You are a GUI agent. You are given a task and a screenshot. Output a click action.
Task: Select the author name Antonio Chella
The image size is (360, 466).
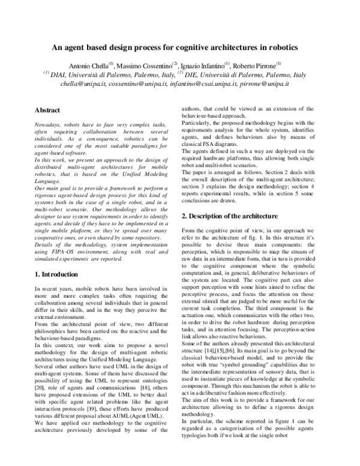[x=88, y=65]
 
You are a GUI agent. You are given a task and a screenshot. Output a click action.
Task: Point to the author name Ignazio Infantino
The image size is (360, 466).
[x=201, y=65]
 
